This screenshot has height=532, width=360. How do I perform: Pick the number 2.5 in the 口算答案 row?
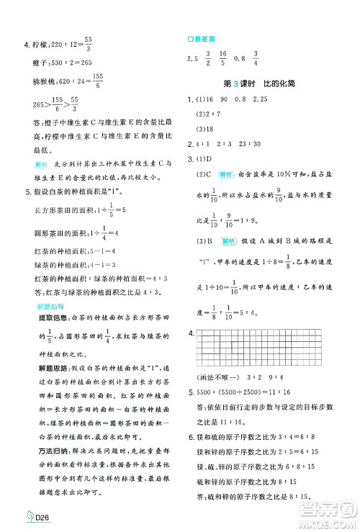192,59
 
